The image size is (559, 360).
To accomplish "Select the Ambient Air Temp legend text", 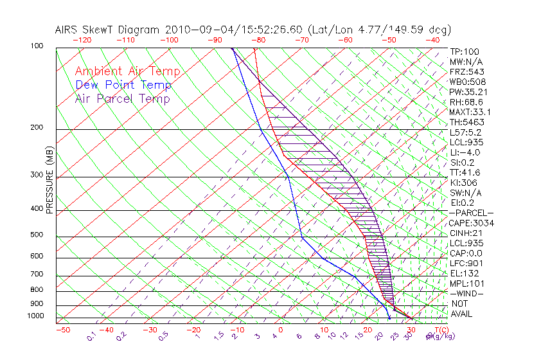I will (x=127, y=71).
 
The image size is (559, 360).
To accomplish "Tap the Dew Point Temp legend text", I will (x=123, y=85).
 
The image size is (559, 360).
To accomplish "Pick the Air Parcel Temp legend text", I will (x=122, y=98).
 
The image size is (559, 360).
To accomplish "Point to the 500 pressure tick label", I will (x=36, y=236).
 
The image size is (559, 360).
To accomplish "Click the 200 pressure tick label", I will (x=36, y=128).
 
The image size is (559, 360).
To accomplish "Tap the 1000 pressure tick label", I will (x=34, y=316).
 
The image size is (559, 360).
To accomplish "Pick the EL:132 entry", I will (x=463, y=273).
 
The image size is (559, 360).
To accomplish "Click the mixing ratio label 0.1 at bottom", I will (x=92, y=336).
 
